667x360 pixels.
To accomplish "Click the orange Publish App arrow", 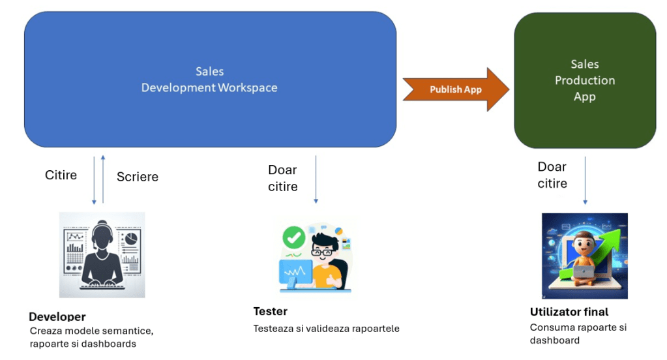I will [456, 89].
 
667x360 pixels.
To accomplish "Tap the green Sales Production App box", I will [585, 80].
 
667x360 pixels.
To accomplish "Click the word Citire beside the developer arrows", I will [61, 175].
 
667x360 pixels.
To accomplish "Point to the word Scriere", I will [138, 177].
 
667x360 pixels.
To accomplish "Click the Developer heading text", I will [57, 317].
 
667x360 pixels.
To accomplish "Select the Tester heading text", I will [270, 311].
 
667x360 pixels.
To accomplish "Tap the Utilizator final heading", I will [569, 312].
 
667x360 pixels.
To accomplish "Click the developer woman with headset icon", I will [101, 254].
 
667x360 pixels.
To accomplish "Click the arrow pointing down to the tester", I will [316, 179].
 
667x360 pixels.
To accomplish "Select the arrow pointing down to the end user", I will [585, 179].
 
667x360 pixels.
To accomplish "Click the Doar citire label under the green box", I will [552, 175].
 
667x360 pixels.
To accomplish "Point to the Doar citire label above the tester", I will [282, 178].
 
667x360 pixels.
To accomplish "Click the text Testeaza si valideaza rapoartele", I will [326, 329].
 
